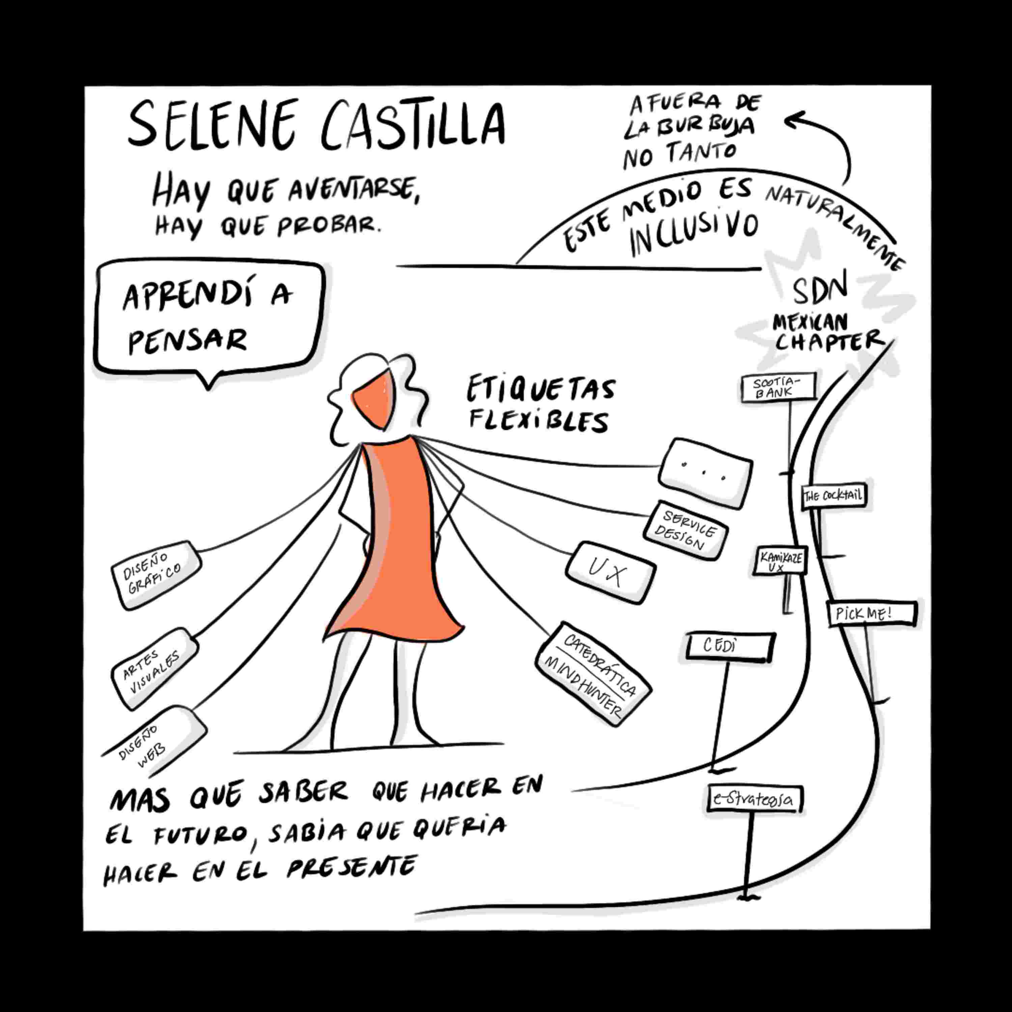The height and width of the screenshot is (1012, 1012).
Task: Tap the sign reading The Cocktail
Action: tap(833, 496)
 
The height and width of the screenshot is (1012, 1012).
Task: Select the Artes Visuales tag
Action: tap(154, 669)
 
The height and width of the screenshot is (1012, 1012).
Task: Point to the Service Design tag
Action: tap(686, 530)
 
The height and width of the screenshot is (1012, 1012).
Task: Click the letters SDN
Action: tap(819, 291)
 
